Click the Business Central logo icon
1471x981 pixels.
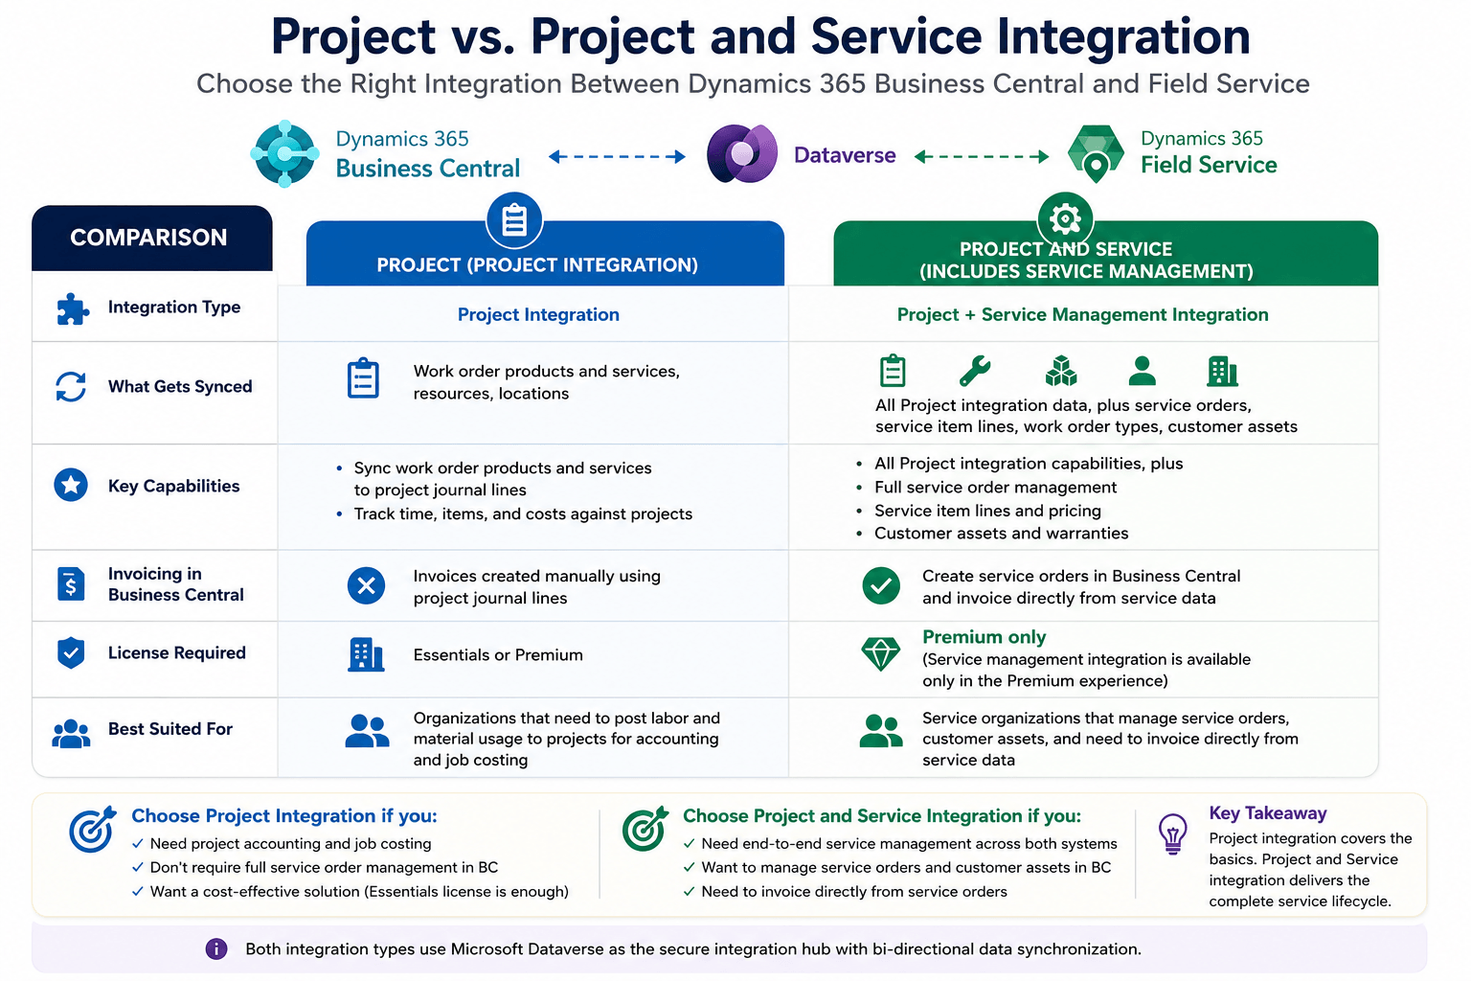(x=284, y=153)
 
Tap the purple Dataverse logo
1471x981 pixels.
(x=741, y=153)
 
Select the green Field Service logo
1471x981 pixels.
(x=1096, y=153)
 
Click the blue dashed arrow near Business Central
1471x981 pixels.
(x=617, y=156)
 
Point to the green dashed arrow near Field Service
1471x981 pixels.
(x=981, y=156)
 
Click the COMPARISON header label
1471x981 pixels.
(x=148, y=238)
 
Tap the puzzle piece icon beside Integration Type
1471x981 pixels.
(x=72, y=308)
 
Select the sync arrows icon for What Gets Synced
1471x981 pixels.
(x=71, y=386)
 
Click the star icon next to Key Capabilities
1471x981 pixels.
(x=71, y=485)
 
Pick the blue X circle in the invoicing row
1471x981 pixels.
(x=366, y=585)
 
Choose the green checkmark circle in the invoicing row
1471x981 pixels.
(x=881, y=585)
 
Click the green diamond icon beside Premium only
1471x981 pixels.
(x=880, y=653)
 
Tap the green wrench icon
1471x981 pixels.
(x=975, y=371)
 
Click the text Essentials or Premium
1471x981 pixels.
(x=498, y=655)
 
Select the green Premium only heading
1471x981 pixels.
(x=984, y=637)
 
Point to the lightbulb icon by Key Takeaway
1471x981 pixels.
(x=1172, y=833)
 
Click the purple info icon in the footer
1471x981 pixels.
(x=216, y=948)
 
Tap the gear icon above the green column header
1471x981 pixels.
(x=1065, y=218)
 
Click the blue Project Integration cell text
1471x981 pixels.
(x=538, y=315)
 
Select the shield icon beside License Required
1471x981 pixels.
(x=71, y=652)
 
